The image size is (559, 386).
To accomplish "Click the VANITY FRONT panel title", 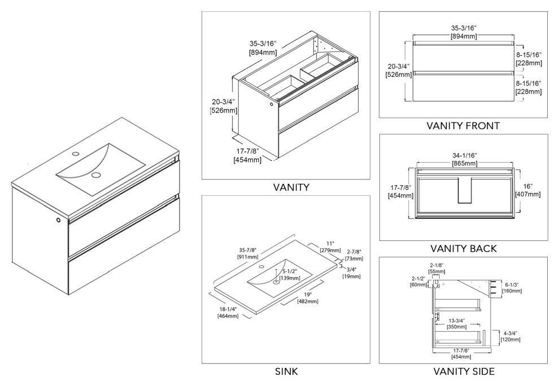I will (x=464, y=125).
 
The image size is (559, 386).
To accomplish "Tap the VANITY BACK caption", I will (x=464, y=248).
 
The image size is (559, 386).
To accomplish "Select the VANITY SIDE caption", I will (x=464, y=371).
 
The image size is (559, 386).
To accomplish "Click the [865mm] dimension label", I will (x=465, y=164).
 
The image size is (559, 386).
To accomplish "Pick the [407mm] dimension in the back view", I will (x=528, y=195).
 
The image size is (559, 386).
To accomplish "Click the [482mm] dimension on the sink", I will (x=305, y=301).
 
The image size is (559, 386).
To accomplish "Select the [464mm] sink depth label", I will (x=227, y=315).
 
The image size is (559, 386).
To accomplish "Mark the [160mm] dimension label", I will (x=512, y=292).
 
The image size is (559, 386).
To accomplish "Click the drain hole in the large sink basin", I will (x=96, y=175).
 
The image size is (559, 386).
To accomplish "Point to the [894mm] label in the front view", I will (x=464, y=37).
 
